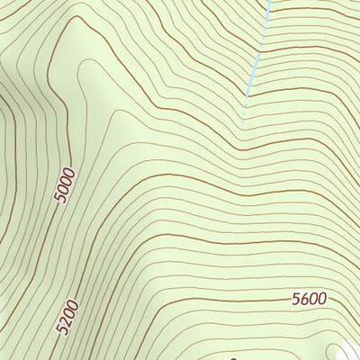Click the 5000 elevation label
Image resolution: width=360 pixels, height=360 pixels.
click(x=65, y=184)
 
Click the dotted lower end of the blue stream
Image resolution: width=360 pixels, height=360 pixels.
click(x=243, y=112)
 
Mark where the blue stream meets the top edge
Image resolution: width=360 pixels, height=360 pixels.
click(x=268, y=2)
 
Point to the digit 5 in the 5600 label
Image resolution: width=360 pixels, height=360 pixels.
click(x=295, y=300)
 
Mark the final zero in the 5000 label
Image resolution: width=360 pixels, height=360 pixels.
click(x=68, y=170)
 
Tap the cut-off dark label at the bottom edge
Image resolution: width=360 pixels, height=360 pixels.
click(x=233, y=357)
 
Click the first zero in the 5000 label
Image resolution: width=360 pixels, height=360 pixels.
click(x=64, y=188)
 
